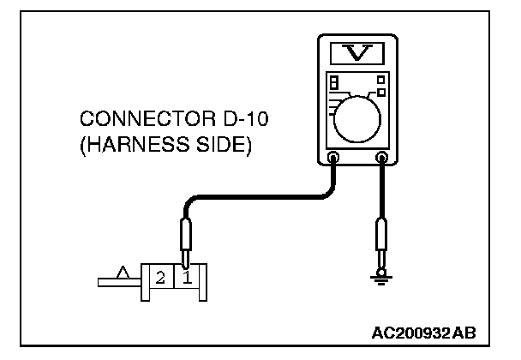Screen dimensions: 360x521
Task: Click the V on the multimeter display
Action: (x=358, y=53)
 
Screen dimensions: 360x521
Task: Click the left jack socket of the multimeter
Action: (x=333, y=158)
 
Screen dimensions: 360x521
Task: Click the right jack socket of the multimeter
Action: (x=382, y=158)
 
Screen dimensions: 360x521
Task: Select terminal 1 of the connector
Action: (x=188, y=278)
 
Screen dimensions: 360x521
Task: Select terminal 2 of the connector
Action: (x=160, y=278)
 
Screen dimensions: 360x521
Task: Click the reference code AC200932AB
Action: (x=423, y=330)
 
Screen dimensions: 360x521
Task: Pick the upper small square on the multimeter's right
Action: (x=380, y=80)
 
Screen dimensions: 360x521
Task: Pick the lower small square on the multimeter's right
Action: (x=381, y=92)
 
